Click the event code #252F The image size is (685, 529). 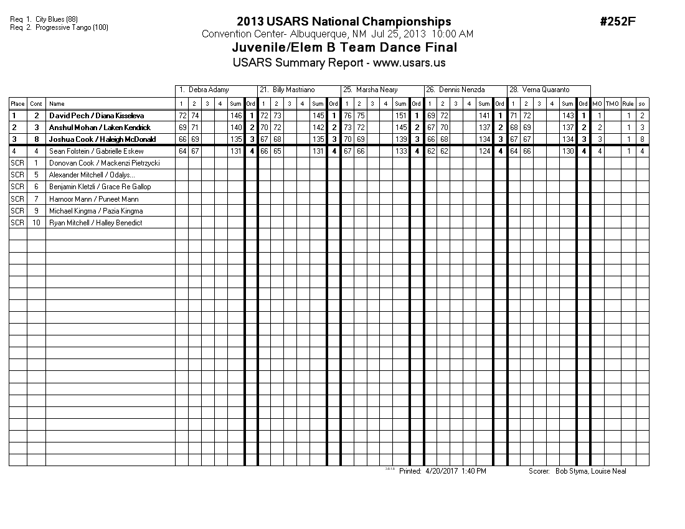tap(618, 22)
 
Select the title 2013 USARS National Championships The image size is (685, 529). tap(344, 22)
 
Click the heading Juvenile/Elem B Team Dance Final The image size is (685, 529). tap(344, 47)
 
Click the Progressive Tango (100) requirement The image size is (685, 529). tap(72, 27)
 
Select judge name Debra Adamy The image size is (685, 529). tap(209, 90)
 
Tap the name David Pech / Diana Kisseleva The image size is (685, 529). tap(97, 116)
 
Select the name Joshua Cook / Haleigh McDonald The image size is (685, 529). tap(102, 139)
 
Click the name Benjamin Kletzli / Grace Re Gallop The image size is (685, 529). tap(100, 187)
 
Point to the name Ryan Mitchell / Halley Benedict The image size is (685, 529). tap(95, 223)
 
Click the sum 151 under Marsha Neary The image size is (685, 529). tap(401, 116)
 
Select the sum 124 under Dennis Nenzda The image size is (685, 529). tap(484, 151)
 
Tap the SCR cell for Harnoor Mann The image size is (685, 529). tap(17, 199)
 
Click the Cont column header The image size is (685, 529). tap(36, 104)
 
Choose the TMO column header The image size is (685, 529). tap(612, 104)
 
